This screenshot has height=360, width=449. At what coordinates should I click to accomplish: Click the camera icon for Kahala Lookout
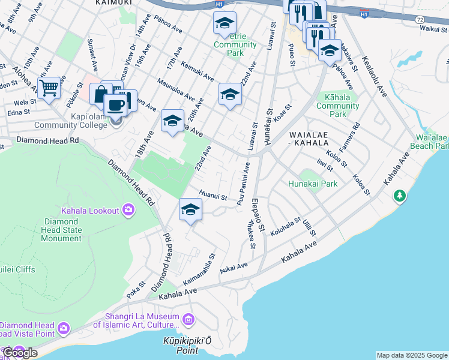[127, 209]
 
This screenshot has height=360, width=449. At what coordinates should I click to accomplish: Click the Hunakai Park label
[313, 184]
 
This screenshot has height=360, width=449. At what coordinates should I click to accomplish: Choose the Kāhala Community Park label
[337, 105]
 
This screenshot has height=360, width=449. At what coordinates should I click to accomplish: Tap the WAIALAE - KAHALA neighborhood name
[309, 139]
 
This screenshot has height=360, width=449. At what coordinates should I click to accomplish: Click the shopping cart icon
[49, 88]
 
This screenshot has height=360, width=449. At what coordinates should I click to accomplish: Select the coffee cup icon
[116, 104]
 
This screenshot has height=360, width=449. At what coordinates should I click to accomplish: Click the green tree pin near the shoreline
[399, 196]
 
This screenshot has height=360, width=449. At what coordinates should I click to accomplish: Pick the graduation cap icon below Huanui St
[190, 209]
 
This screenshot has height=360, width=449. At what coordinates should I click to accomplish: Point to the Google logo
[19, 353]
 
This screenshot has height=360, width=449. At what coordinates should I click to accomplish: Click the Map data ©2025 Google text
[412, 355]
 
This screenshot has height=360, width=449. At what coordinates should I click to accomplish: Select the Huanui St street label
[213, 196]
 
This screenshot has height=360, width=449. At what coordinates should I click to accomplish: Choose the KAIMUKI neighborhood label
[113, 3]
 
